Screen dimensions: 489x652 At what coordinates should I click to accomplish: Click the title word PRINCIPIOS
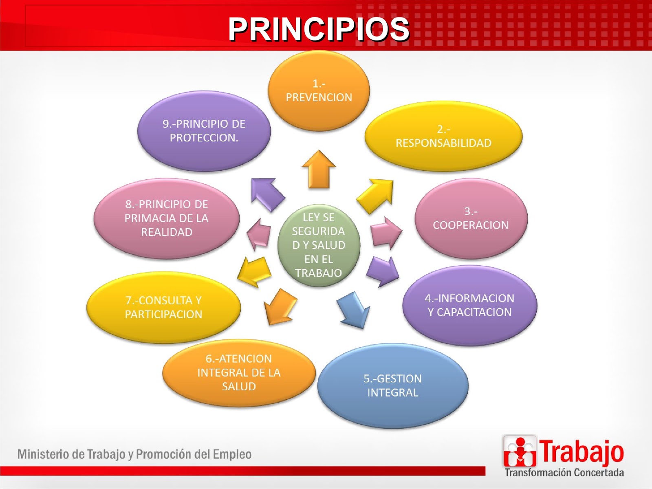318,29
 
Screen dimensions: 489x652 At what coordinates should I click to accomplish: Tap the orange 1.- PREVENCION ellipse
319,90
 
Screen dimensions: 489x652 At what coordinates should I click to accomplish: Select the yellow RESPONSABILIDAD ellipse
443,136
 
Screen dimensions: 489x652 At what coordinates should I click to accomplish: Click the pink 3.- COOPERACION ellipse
471,218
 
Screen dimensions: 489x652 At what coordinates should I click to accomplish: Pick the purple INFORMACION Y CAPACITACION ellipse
469,305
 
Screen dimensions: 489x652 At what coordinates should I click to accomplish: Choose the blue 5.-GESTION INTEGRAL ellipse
392,385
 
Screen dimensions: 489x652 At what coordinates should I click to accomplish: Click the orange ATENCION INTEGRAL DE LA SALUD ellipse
239,372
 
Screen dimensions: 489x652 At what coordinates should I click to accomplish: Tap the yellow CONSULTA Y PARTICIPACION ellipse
163,307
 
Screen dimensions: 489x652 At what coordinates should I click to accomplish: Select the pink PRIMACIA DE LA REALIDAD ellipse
166,218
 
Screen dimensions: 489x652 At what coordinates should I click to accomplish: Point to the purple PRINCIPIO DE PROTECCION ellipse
204,131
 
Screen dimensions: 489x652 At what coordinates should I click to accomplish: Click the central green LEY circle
319,245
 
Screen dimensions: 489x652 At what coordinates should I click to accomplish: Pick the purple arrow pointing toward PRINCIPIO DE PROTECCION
267,194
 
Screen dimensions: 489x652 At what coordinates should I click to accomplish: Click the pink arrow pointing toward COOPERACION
385,233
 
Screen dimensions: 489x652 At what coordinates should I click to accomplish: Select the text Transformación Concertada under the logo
564,473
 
